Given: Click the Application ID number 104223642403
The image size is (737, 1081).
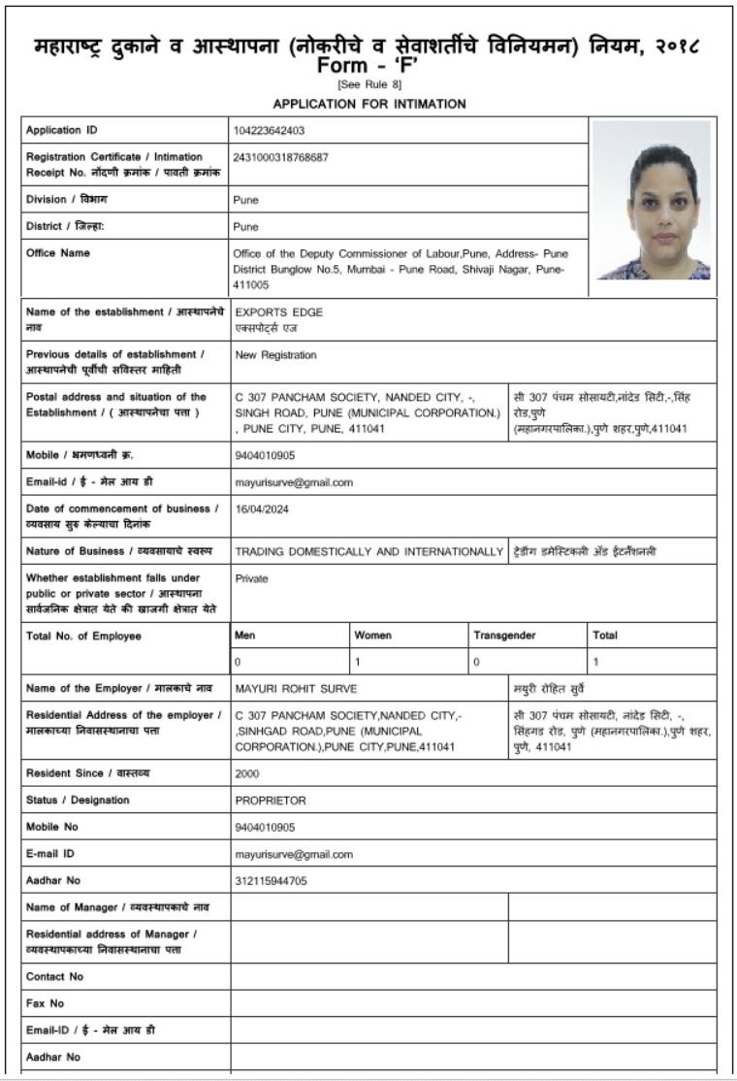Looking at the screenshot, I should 269,130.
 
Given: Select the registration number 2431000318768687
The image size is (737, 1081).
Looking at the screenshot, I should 281,157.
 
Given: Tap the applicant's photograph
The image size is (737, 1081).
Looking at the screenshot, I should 652,200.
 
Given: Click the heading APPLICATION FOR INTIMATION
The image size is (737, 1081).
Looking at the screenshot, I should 369,104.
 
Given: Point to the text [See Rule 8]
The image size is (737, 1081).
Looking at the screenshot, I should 369,85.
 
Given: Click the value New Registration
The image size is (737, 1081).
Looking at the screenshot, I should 275,355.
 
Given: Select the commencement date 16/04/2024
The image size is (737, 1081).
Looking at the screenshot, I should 262,508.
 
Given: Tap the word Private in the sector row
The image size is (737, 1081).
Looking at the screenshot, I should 251,578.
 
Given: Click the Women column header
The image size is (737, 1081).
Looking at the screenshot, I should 373,636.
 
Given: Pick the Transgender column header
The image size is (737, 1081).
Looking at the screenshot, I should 504,636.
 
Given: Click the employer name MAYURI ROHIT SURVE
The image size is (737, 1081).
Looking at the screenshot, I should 296,689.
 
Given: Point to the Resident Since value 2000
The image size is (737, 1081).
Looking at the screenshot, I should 247,774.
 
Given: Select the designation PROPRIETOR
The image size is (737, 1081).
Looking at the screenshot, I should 271,801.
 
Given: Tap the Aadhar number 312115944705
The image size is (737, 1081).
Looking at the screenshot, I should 271,881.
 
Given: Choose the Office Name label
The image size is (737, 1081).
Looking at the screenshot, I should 58,253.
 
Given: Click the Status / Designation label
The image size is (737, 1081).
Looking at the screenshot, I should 78,801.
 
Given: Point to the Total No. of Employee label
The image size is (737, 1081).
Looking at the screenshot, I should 83,636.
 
